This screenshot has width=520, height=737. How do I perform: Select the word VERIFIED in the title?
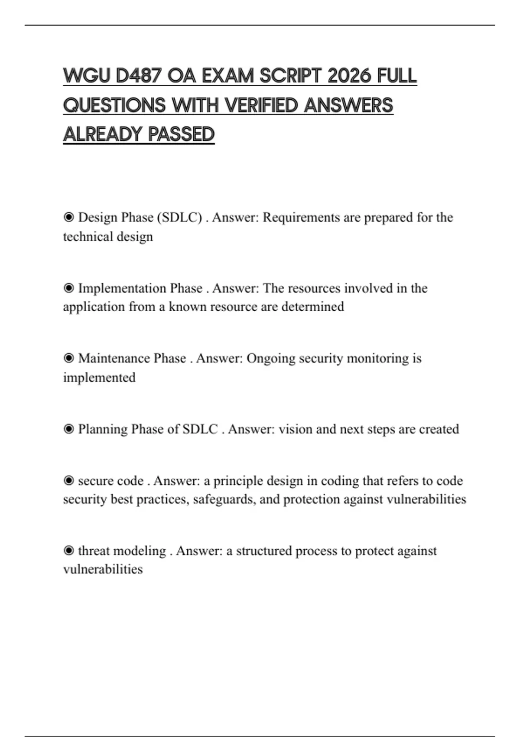[x=262, y=105]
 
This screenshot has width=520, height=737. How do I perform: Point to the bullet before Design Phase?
[x=68, y=217]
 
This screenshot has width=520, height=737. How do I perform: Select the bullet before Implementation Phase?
[x=68, y=288]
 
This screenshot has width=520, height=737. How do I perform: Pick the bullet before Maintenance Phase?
[x=68, y=359]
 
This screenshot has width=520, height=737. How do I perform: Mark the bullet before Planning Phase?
[x=68, y=429]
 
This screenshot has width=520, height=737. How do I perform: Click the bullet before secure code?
[x=68, y=481]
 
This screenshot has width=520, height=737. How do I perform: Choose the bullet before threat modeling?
[x=68, y=551]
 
